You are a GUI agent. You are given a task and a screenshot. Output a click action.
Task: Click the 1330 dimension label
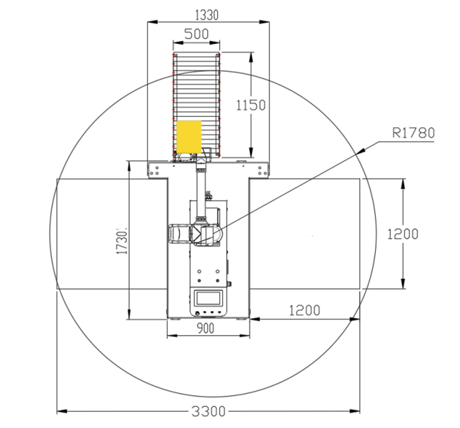207,15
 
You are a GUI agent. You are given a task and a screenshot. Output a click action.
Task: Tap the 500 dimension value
196,34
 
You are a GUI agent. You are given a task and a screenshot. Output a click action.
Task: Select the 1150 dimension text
251,105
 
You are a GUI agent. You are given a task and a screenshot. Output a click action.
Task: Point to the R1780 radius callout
413,133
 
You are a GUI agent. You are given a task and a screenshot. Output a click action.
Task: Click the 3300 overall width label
209,412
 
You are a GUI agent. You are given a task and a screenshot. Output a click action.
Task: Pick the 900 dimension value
205,328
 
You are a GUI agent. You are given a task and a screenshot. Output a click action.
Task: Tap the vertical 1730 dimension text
122,241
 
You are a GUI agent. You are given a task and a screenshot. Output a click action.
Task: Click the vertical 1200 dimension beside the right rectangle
403,234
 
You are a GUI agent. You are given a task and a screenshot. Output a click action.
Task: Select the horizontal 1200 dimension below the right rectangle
305,311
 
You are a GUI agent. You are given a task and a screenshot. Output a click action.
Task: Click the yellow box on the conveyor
189,137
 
